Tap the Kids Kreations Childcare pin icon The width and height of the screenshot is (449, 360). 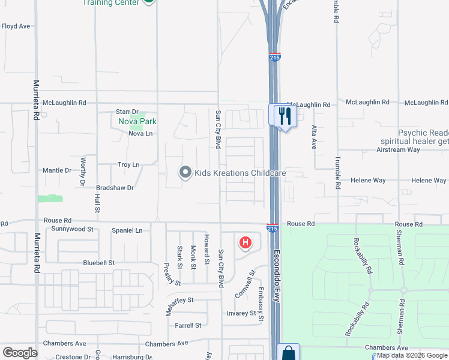coord(185,173)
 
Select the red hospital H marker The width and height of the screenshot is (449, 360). coord(246,243)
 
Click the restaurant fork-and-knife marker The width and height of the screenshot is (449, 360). coord(284,115)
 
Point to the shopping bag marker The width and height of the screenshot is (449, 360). coord(288,353)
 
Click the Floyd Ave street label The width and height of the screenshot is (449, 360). coord(16,26)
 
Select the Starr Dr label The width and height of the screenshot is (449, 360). coord(127,112)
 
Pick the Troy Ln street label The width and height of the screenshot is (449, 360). coord(128,164)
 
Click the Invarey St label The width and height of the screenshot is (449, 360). coord(241,313)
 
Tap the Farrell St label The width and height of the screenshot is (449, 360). coord(188,325)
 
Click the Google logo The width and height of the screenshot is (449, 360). coord(20,353)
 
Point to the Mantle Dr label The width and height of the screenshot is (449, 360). coord(57,170)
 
